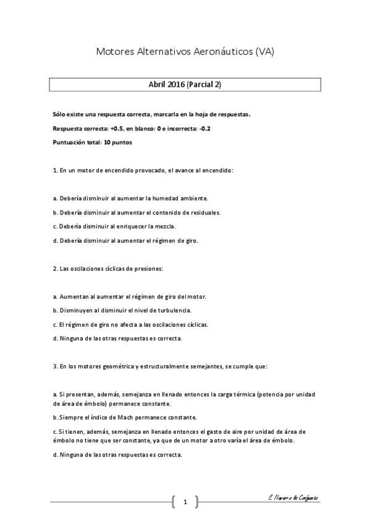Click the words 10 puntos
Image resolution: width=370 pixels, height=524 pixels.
117,142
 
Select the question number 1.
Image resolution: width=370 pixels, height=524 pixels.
54,170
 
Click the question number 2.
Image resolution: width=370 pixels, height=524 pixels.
54,269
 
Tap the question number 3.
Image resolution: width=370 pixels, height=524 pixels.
54,366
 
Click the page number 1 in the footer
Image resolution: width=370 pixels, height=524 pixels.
185,501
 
